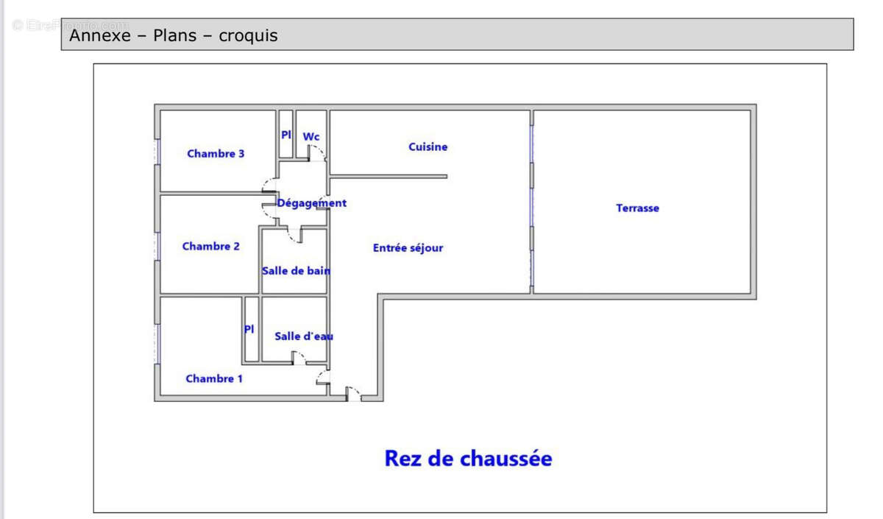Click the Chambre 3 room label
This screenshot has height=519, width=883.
coord(216,154)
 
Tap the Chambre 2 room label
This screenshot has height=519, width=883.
coord(210,247)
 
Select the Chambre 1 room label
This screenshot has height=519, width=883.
coord(214,378)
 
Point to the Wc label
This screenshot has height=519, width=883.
coord(311,136)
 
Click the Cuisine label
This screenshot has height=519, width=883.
coord(428,147)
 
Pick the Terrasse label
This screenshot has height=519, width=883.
coord(637,208)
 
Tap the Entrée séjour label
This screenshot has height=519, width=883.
coord(408,248)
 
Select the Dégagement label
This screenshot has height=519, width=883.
coord(311,203)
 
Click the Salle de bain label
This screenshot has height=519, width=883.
coord(296,270)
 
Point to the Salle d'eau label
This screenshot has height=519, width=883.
coord(303,336)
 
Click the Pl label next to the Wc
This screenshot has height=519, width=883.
coord(286,135)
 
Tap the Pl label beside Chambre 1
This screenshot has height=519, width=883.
coord(249,329)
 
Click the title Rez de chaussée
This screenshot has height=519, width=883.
coord(468,459)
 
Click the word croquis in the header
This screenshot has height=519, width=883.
coord(248,35)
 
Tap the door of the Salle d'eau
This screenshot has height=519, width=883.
coord(299,358)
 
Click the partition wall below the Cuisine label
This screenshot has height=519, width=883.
coord(389,177)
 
